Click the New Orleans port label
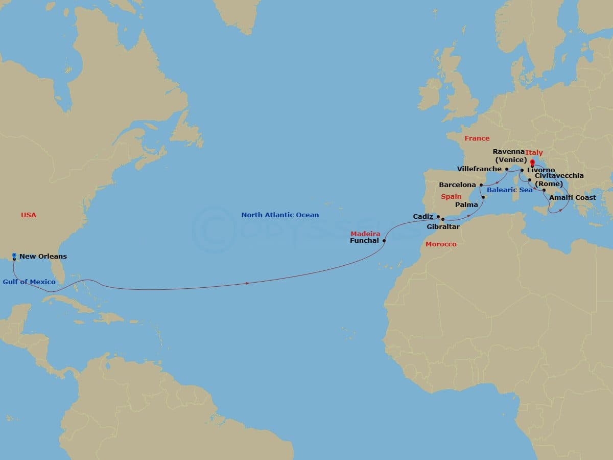coord(43,257)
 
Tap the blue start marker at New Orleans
coord(14,255)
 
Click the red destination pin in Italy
coord(532,164)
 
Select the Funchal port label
coord(365,240)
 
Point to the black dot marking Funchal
coord(384,241)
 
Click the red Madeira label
coord(365,234)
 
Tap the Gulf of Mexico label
coord(29,282)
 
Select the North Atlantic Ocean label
coord(280,215)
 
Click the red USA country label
coord(29,215)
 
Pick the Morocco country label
coord(441,244)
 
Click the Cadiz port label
coord(423,217)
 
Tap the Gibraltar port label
coord(443,226)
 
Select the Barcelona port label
coord(457,185)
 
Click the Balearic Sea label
coord(509,190)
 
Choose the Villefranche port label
coord(480,169)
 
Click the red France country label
coord(477,139)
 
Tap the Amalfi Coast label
coord(573,198)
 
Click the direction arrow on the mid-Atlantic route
coord(247,283)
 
